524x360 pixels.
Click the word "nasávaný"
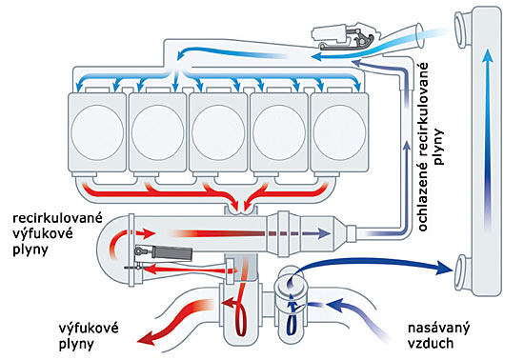(x=438, y=328)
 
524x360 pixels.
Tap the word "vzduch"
(x=431, y=343)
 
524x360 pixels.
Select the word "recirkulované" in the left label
(x=57, y=218)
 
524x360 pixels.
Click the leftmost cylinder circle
(x=97, y=132)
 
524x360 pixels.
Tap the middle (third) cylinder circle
(x=218, y=132)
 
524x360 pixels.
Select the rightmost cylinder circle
(x=339, y=132)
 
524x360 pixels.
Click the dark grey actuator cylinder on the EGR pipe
(x=171, y=252)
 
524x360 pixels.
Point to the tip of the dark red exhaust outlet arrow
(x=138, y=341)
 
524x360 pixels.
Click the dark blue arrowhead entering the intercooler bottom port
(x=445, y=268)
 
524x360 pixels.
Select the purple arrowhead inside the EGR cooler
(x=323, y=233)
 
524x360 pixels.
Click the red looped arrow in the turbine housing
(x=241, y=314)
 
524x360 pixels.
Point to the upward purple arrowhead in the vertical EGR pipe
(x=407, y=146)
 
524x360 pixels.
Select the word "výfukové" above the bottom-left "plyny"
(x=89, y=328)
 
